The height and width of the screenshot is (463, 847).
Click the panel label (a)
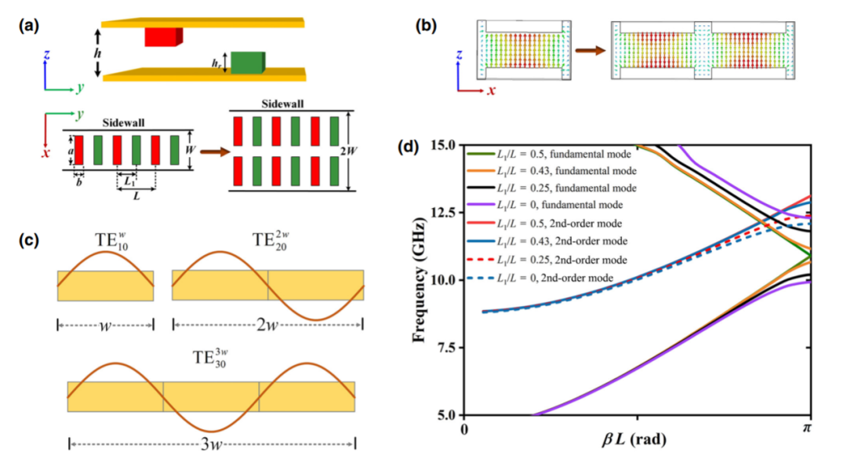(x=28, y=25)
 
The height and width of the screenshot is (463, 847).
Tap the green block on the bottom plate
(x=248, y=63)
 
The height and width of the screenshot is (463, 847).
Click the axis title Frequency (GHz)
(x=418, y=280)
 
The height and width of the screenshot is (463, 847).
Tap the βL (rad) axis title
(x=634, y=439)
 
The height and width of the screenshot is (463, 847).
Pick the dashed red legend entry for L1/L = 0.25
(x=547, y=260)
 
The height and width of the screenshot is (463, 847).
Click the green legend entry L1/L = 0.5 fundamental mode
(x=549, y=155)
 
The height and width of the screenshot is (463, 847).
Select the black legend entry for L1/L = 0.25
(x=551, y=188)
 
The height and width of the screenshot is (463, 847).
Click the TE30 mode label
(x=209, y=358)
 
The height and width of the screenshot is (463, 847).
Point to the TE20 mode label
(x=271, y=240)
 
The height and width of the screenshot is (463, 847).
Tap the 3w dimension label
(x=211, y=445)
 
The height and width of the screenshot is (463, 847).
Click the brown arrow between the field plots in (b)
(x=591, y=51)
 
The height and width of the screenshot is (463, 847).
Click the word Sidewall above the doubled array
(x=282, y=104)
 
